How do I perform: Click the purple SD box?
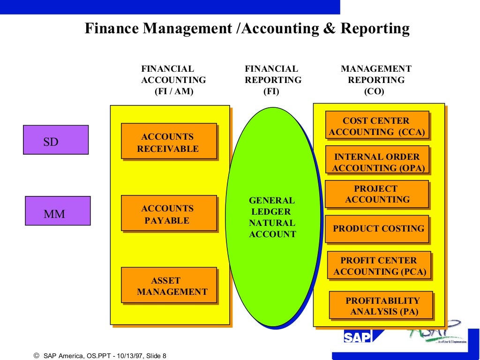56,140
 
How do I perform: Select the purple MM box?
58,211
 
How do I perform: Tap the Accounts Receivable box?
169,141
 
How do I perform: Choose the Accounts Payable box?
169,213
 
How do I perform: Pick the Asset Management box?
169,285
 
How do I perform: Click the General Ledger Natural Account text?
272,217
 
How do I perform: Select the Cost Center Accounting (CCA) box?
377,125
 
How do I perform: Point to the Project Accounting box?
377,194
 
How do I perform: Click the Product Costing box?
377,229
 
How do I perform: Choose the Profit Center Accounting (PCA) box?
379,265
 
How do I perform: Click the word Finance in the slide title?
112,29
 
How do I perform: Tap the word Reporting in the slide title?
375,29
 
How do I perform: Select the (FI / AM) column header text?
174,92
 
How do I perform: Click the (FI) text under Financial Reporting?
271,92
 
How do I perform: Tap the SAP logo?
357,337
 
